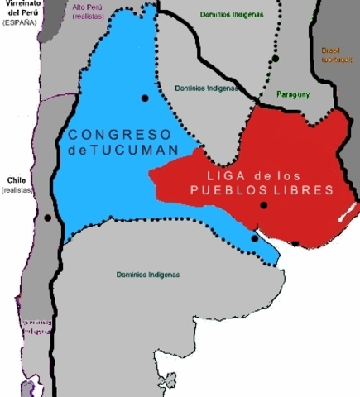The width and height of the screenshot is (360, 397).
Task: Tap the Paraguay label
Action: [x=293, y=94]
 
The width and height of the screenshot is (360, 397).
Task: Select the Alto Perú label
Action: [x=89, y=7]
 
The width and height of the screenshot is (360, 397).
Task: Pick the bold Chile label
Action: [x=17, y=179]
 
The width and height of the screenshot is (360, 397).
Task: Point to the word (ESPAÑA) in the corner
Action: [x=21, y=22]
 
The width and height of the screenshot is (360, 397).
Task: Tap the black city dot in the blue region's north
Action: [x=145, y=98]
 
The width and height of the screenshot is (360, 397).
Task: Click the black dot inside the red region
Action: [x=263, y=205]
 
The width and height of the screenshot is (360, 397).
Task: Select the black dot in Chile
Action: [x=48, y=218]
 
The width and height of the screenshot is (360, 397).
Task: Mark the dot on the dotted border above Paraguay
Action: [x=276, y=59]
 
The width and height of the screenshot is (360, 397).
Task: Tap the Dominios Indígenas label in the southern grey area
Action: [x=147, y=275]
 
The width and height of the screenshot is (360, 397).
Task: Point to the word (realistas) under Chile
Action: [x=17, y=190]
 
